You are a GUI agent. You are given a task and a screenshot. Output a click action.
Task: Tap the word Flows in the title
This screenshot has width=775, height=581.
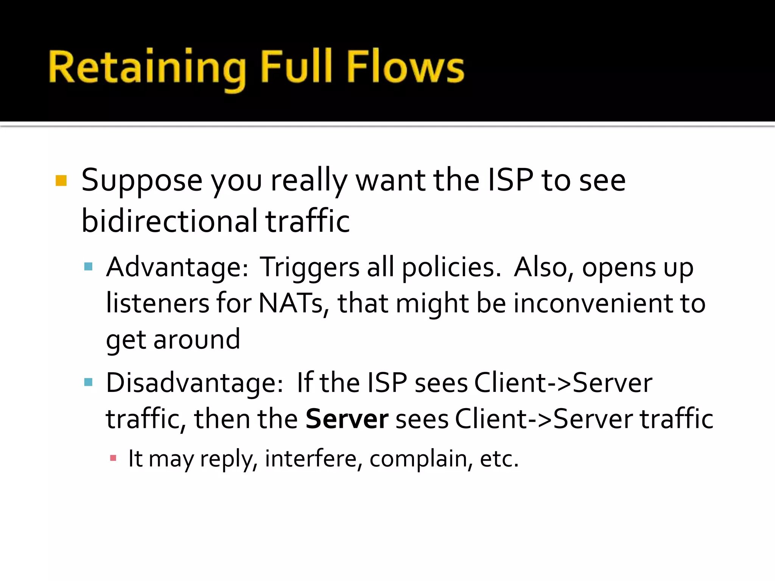[x=405, y=67]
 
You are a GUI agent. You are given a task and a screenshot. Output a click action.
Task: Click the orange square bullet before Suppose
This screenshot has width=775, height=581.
[x=61, y=180]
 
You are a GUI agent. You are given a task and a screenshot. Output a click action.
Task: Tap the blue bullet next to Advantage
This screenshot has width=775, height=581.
[x=89, y=267]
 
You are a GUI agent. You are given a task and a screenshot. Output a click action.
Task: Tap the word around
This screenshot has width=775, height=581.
[x=197, y=340]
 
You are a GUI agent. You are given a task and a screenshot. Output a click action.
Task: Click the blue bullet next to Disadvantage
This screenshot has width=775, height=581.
[x=89, y=382]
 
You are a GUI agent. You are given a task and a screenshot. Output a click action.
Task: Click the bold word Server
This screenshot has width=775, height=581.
[x=347, y=419]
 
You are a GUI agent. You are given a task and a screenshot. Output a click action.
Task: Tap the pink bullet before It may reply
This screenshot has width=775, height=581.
[x=113, y=458]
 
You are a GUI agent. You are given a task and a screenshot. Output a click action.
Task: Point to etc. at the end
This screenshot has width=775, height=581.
[x=499, y=459]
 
